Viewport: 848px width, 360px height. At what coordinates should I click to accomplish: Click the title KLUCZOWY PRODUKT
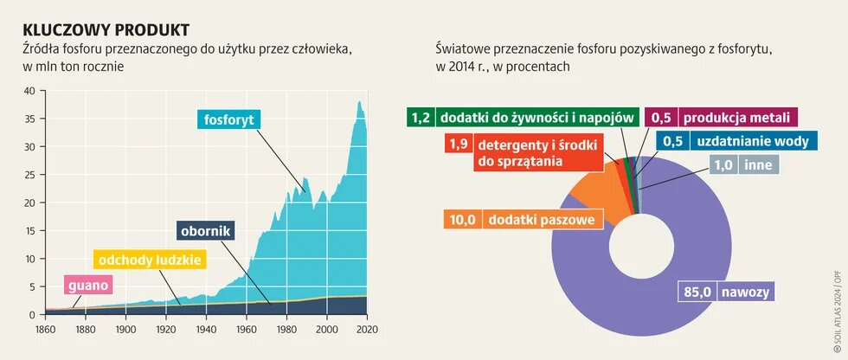[106, 30]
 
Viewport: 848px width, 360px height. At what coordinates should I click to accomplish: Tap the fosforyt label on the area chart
[229, 119]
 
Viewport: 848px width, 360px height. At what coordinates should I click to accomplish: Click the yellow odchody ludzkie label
[150, 260]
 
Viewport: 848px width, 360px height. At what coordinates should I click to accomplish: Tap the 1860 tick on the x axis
[45, 330]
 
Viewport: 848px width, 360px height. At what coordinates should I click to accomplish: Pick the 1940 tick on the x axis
[206, 330]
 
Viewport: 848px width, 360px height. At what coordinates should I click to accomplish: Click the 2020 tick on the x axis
[367, 330]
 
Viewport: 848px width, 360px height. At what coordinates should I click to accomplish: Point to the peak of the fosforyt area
[359, 103]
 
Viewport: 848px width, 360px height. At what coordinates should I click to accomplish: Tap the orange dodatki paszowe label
[542, 220]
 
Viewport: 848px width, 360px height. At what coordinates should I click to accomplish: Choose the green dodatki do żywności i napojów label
[537, 118]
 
